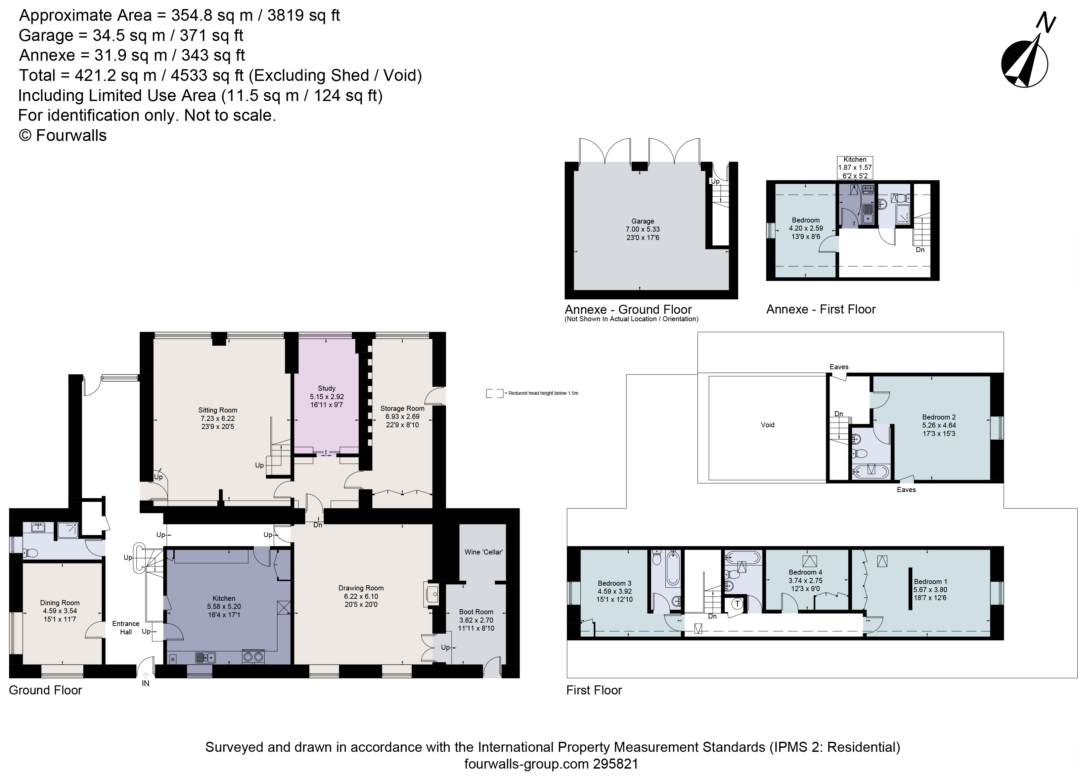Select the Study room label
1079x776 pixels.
(326, 388)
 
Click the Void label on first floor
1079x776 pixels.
(767, 425)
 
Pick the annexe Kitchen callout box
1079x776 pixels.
(855, 167)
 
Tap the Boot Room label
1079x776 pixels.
(476, 612)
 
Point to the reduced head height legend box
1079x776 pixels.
(494, 393)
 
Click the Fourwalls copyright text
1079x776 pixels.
(62, 136)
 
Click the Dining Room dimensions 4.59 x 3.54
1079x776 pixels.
(59, 611)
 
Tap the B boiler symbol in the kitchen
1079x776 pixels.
(173, 659)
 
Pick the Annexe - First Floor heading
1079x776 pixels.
(821, 309)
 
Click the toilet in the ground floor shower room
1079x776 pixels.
(31, 553)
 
